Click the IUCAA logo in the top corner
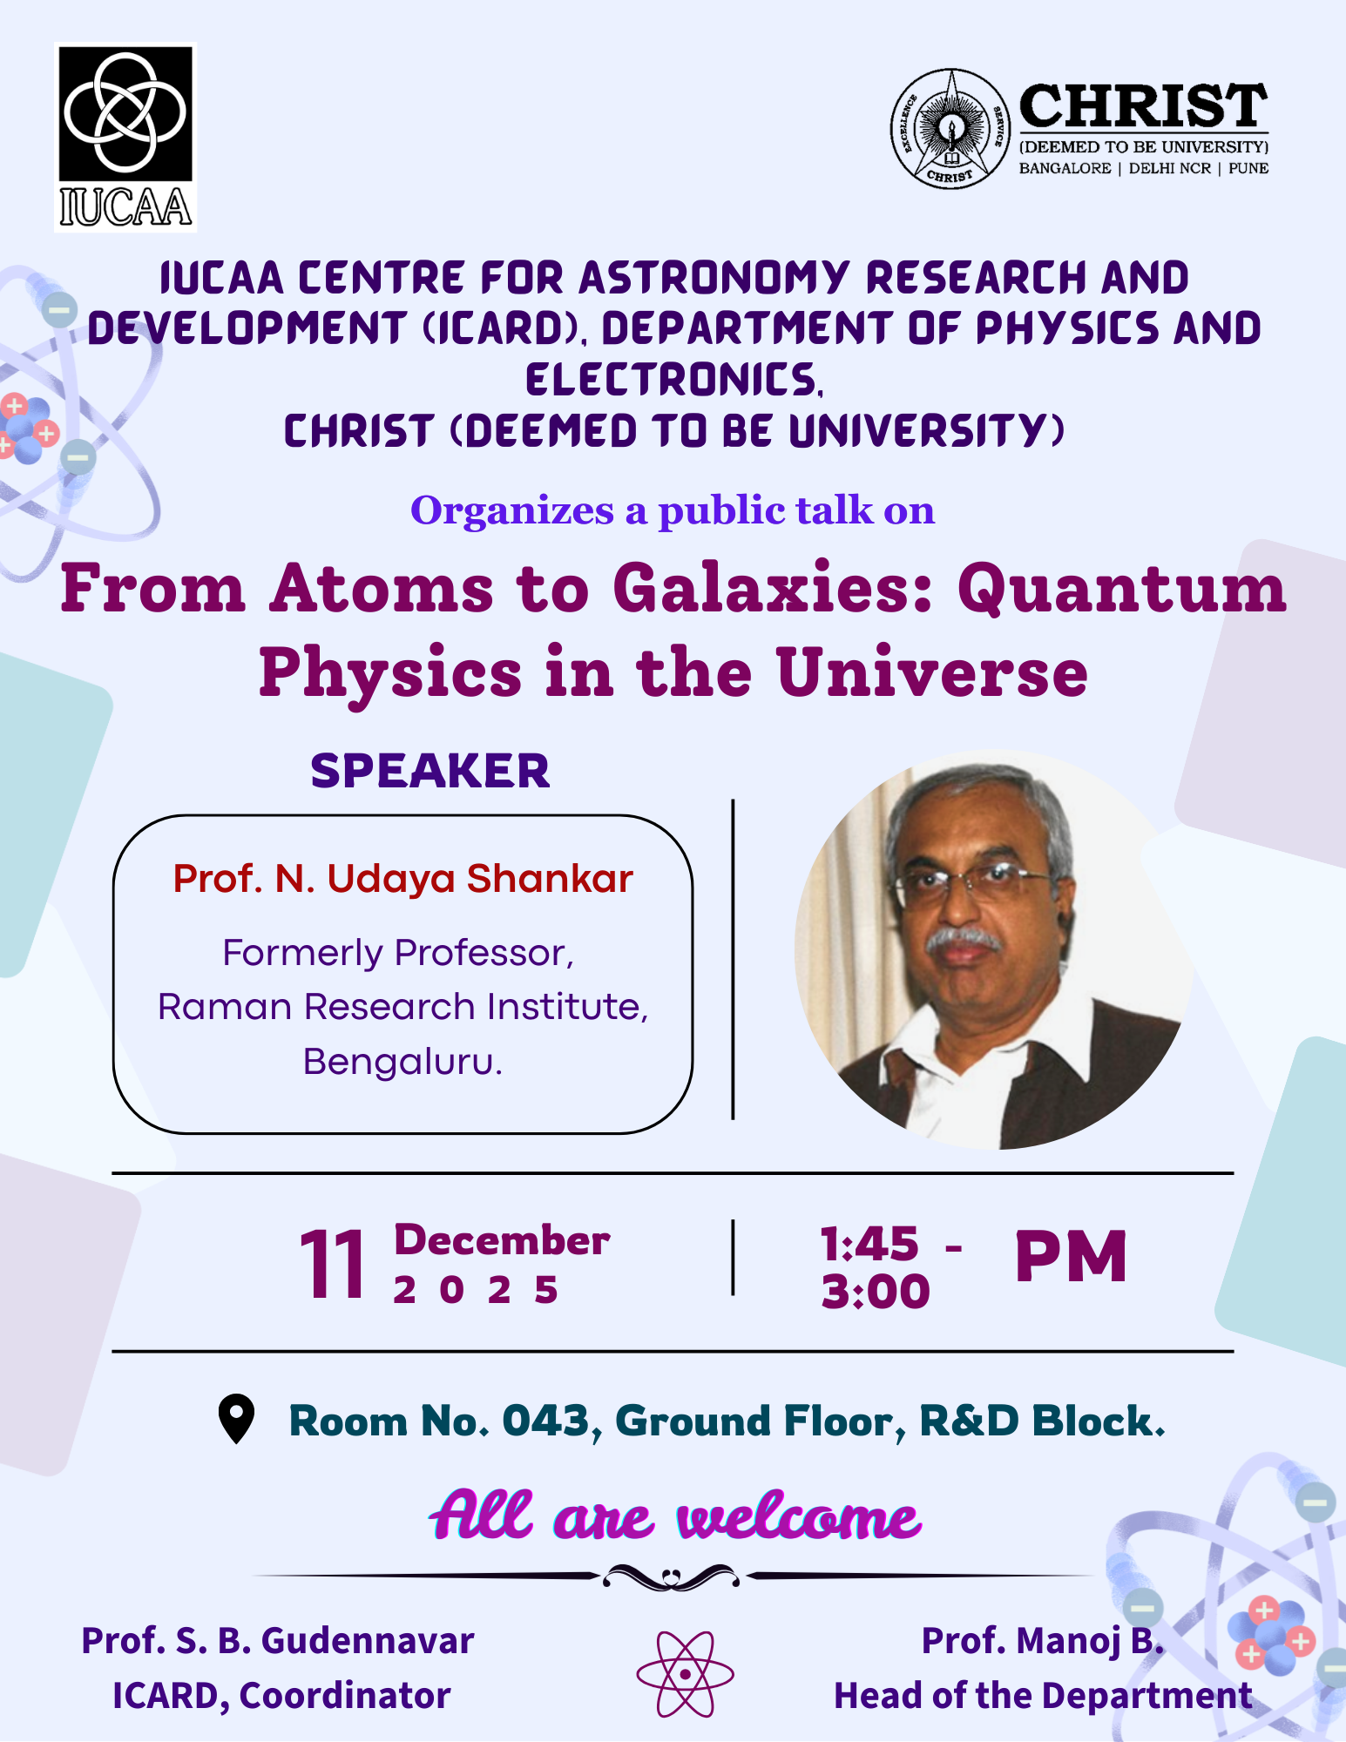126,138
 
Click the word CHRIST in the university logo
1143,106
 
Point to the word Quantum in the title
1122,590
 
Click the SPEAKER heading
430,770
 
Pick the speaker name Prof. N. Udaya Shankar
402,878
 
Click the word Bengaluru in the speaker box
402,1062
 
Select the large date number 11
332,1265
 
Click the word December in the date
502,1240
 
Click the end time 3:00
876,1291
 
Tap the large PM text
1072,1256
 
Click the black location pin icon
236,1419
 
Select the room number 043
546,1421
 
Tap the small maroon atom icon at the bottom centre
685,1674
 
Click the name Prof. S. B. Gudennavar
278,1641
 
